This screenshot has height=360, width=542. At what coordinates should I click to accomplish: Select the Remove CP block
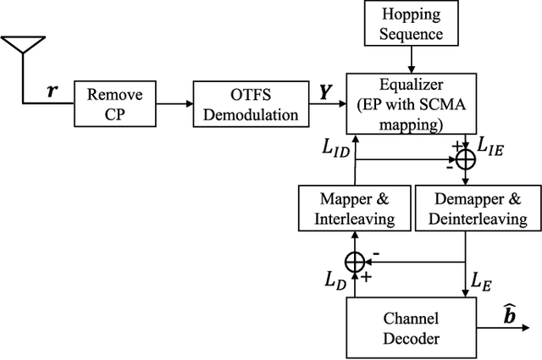pyautogui.click(x=115, y=105)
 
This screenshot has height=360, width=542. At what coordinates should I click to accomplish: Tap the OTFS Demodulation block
pyautogui.click(x=246, y=105)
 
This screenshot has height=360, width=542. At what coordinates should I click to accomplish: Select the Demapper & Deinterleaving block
pyautogui.click(x=473, y=209)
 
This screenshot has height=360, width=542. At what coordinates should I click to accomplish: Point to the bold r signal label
pyautogui.click(x=53, y=87)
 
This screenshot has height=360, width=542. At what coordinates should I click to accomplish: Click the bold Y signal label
pyautogui.click(x=327, y=89)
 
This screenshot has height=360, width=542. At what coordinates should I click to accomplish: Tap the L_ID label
pyautogui.click(x=334, y=149)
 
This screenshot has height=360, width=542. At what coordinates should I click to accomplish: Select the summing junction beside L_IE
pyautogui.click(x=465, y=159)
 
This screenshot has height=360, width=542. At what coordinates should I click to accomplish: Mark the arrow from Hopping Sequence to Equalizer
pyautogui.click(x=412, y=59)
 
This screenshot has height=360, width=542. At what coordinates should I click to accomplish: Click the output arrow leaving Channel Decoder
pyautogui.click(x=500, y=323)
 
